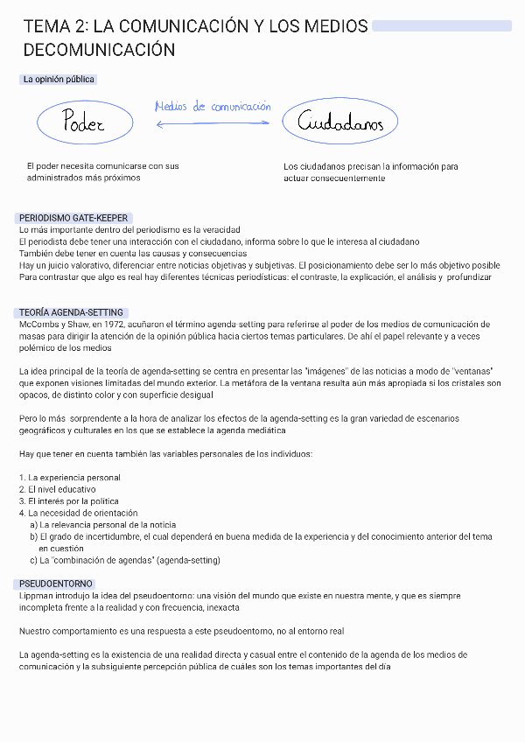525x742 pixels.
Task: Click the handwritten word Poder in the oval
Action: coord(84,124)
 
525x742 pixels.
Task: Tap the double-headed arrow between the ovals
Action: coord(213,124)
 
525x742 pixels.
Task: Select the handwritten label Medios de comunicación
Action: coord(213,107)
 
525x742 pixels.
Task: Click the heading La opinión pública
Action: coord(59,80)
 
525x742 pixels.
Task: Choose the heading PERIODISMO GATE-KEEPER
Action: coord(74,218)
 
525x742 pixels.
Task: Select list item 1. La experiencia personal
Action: coord(70,478)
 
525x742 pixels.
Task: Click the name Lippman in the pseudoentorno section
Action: coord(35,596)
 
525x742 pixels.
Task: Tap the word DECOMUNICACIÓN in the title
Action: coord(100,51)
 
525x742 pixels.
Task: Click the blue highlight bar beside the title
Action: coord(441,27)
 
